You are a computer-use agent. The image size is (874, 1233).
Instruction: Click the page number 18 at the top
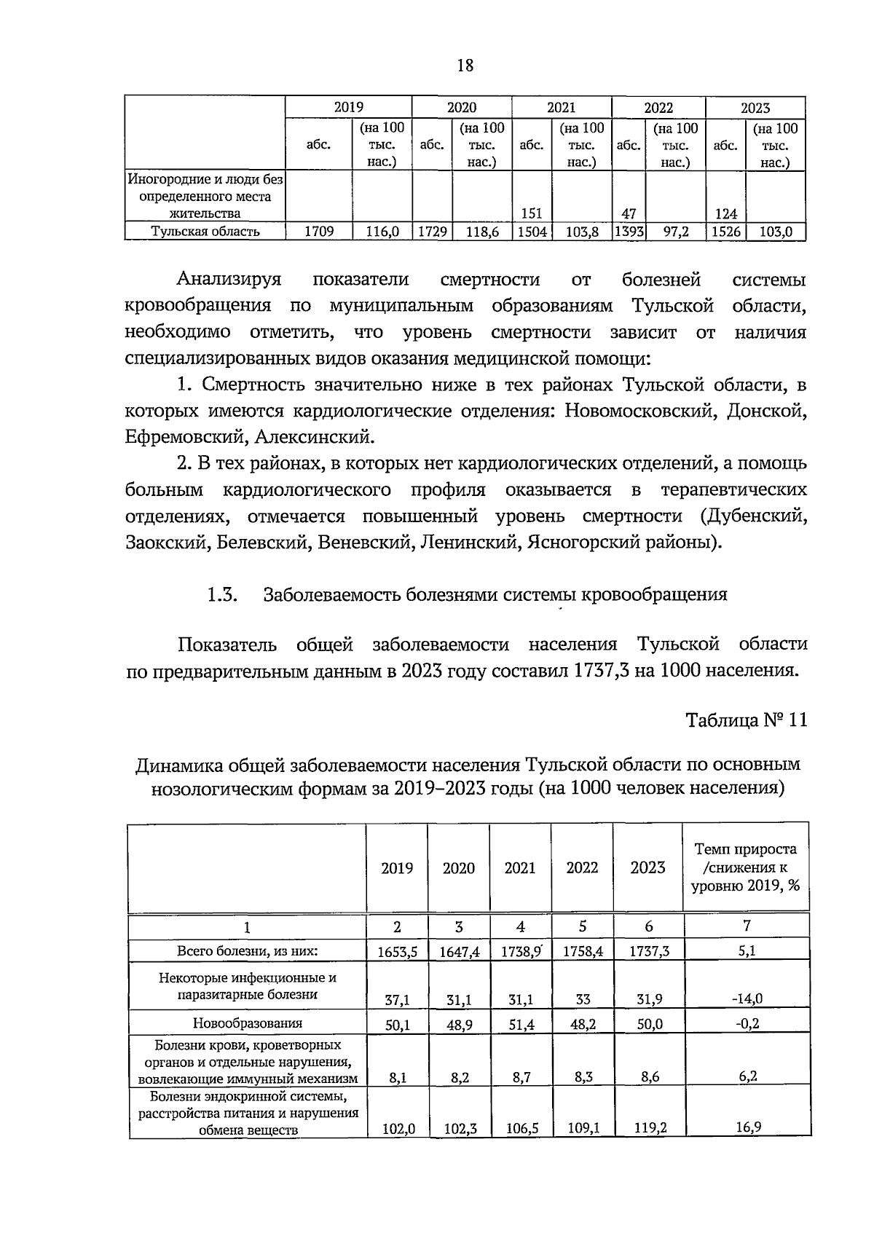465,66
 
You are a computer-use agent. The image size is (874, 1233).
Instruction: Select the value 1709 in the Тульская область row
318,232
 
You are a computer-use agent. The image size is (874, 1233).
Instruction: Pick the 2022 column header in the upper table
658,108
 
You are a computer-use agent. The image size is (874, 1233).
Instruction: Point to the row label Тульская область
205,232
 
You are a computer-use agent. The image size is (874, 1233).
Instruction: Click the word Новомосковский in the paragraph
637,411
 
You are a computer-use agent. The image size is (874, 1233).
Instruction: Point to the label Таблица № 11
747,720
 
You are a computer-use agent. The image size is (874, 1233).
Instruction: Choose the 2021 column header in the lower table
520,867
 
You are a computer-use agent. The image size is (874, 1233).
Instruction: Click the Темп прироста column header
746,867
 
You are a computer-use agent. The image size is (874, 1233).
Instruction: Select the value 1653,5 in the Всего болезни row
397,951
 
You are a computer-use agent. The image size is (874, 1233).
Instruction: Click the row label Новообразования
247,1023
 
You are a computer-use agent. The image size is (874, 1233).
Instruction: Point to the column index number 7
747,926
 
